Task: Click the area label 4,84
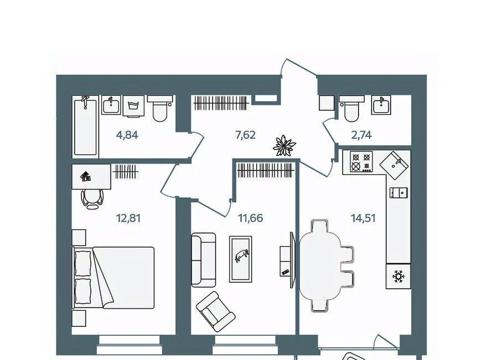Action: click(127, 135)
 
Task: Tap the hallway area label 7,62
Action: click(245, 135)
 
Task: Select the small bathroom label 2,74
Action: click(362, 135)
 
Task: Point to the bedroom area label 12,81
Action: click(128, 218)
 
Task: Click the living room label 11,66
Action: click(250, 218)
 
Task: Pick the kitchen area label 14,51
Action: click(363, 218)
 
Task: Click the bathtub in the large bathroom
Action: click(85, 126)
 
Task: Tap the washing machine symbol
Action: click(133, 106)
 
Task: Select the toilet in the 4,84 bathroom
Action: click(160, 108)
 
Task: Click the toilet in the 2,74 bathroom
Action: click(351, 108)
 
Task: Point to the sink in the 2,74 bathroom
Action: click(381, 105)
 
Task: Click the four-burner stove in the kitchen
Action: click(361, 161)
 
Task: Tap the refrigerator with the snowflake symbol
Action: click(398, 276)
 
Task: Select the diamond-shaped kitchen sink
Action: click(394, 165)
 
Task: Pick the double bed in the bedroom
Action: click(113, 278)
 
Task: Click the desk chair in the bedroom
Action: click(92, 199)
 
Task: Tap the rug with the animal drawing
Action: click(241, 259)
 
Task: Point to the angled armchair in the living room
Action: click(216, 311)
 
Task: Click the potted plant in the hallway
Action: click(284, 145)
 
